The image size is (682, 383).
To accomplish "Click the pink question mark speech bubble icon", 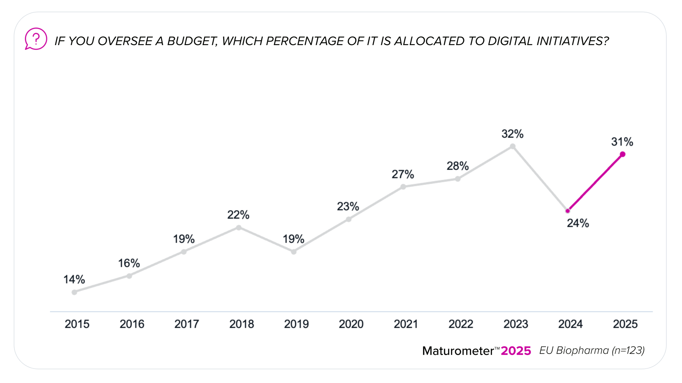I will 36,39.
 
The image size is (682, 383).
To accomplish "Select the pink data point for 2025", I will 623,155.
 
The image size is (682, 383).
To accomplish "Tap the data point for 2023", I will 513,146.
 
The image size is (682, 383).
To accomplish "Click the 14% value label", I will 74,280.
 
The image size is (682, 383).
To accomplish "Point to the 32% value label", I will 512,134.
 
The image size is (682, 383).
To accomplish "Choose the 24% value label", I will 578,223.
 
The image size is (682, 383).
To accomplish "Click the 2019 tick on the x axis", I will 296,324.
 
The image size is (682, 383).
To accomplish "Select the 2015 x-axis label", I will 77,324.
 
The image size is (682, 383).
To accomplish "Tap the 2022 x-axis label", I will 461,324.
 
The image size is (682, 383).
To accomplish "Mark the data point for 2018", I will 239,227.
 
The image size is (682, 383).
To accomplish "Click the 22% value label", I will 238,215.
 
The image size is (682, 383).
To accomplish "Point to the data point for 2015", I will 74,292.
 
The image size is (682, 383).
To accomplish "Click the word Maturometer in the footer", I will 458,351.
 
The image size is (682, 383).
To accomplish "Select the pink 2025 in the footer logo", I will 516,351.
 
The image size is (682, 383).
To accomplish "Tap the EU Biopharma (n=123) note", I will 592,350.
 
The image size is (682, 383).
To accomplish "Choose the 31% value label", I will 622,142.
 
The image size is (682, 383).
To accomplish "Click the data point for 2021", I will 403,187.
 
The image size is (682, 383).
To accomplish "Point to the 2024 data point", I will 568,211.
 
